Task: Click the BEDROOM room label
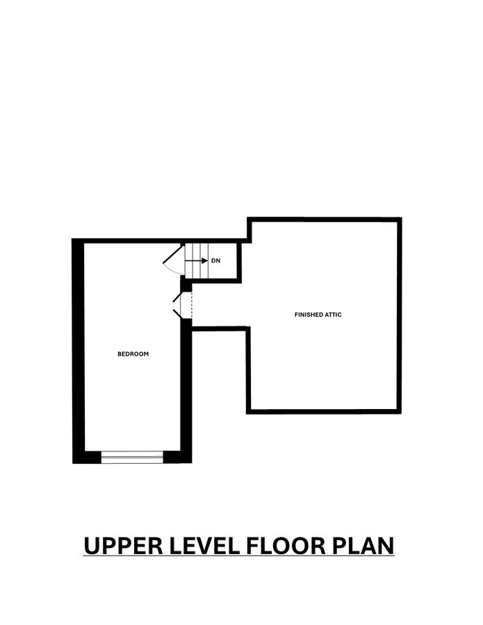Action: tap(133, 354)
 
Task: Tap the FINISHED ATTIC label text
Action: tap(318, 315)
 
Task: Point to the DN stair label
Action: tap(215, 261)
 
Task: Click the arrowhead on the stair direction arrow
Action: tap(204, 261)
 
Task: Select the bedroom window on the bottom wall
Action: tap(132, 456)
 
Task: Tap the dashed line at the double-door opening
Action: tap(191, 304)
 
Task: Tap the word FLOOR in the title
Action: tap(286, 545)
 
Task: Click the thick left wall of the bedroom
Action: tap(79, 347)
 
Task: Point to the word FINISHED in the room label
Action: tap(309, 315)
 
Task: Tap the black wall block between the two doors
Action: tap(186, 285)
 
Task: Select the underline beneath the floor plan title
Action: tap(239, 557)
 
